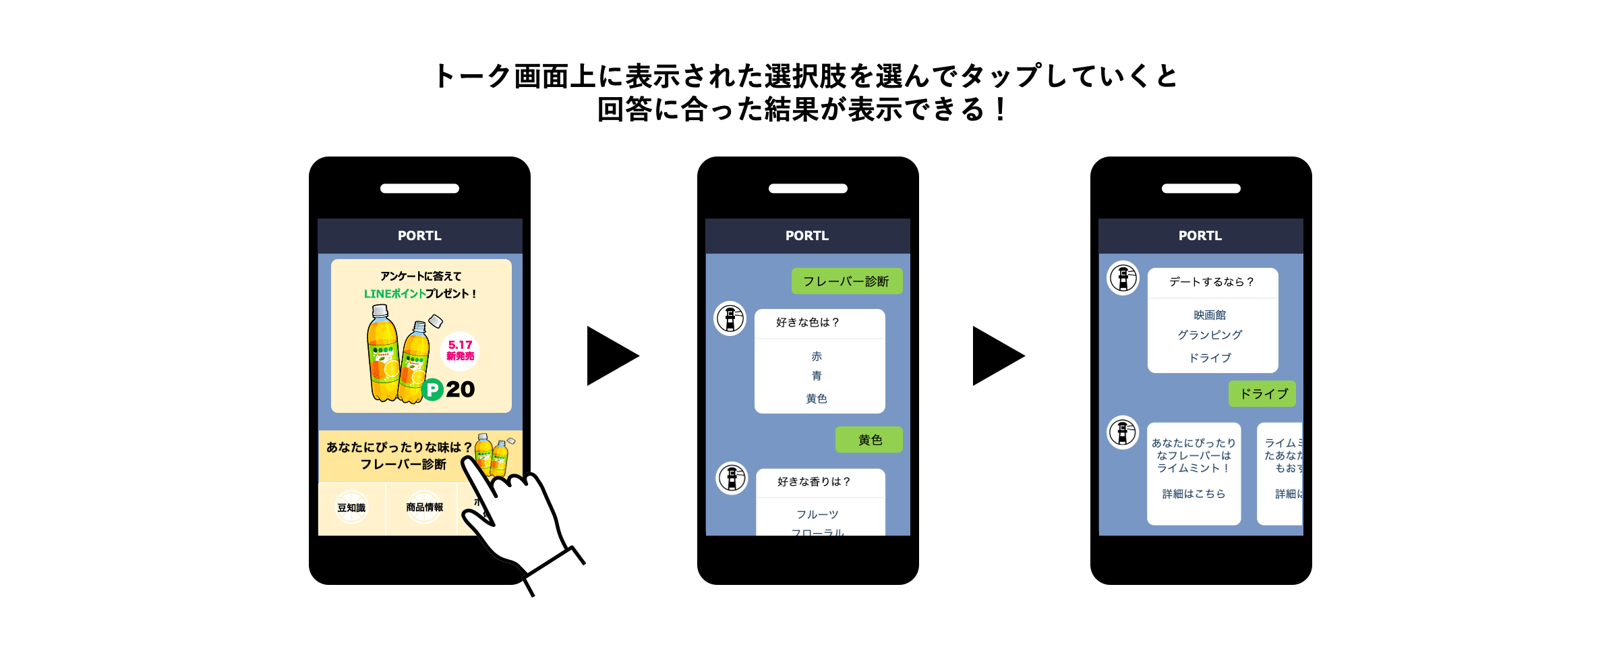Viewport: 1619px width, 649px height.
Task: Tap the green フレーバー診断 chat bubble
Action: coord(846,281)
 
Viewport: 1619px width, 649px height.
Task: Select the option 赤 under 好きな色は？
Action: coord(817,356)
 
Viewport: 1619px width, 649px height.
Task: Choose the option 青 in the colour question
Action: coord(817,376)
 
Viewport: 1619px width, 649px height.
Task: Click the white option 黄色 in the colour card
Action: coord(817,399)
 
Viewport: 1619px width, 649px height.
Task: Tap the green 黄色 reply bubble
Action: coord(869,440)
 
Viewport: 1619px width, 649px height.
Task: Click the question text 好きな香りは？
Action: coord(814,482)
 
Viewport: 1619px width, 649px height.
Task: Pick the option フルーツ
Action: coord(817,515)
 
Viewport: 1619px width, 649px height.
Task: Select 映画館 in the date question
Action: coord(1210,315)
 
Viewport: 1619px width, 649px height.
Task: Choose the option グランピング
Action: coord(1210,335)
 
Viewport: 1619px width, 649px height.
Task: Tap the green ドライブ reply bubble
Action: coord(1262,394)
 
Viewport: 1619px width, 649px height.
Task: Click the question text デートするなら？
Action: coord(1212,282)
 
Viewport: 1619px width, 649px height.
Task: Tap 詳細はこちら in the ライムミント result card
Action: coord(1194,494)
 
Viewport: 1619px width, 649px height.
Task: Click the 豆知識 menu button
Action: coord(351,508)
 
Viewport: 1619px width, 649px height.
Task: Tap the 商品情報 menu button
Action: coord(424,507)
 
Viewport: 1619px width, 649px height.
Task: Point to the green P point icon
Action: coord(432,389)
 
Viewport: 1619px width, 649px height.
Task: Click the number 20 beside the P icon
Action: coord(461,389)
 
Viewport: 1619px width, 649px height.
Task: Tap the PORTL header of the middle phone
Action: coord(807,236)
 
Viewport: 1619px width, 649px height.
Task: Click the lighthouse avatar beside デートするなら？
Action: coord(1123,278)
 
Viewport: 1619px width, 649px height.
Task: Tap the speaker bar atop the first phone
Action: coord(419,189)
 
